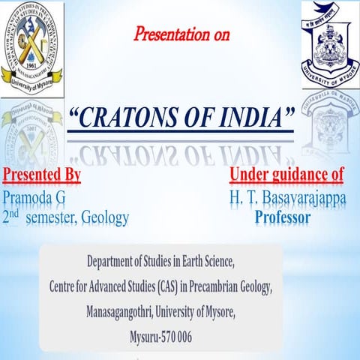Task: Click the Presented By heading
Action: (x=42, y=176)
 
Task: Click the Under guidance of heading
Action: (x=286, y=176)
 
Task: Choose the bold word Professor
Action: (x=282, y=217)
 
